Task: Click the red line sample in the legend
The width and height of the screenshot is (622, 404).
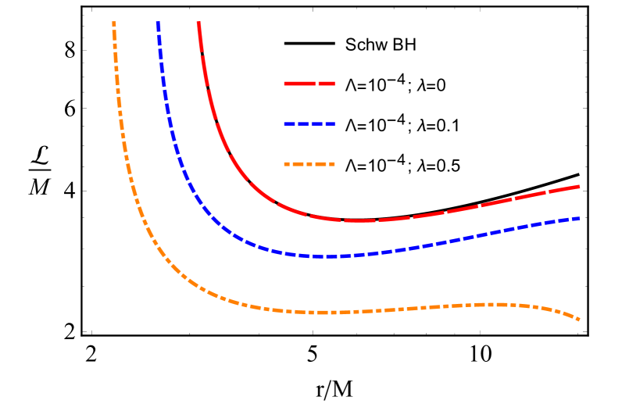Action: point(309,83)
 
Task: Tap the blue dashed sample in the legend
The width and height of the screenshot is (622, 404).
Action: point(309,123)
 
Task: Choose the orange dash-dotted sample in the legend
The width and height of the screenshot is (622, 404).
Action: point(309,164)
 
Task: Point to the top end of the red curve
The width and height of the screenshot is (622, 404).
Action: point(199,23)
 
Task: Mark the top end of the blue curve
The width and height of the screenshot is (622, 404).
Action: point(158,23)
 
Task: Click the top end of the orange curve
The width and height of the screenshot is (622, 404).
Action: point(114,23)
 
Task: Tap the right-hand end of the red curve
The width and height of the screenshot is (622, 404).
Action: point(578,186)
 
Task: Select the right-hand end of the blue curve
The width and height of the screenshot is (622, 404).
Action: point(578,218)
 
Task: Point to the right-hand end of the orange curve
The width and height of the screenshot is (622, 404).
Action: point(578,319)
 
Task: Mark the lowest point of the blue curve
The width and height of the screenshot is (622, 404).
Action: point(328,256)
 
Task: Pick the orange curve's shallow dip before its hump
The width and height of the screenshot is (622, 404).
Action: point(324,313)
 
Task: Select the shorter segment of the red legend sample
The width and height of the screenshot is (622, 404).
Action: point(327,83)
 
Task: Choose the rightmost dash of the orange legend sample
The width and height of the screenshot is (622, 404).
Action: point(331,164)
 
